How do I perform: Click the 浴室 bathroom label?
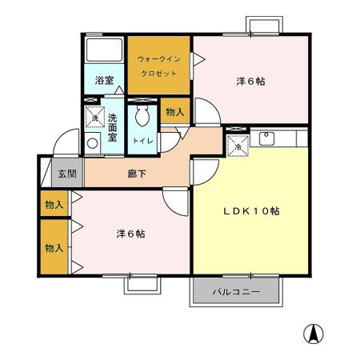pos(104,81)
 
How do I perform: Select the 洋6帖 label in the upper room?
pos(250,81)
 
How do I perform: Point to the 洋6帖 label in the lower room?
pos(130,234)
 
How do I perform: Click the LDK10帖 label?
pos(250,211)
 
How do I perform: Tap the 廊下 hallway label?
pos(136,174)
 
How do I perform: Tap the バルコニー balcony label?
pos(236,293)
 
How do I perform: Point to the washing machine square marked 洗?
pos(94,118)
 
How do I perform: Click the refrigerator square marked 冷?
pos(238,146)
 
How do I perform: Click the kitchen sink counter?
pos(276,138)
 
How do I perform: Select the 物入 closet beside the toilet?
pos(174,113)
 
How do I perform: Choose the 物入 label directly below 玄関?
pos(54,205)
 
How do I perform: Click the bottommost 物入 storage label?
pos(54,248)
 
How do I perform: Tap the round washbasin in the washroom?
pos(93,144)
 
